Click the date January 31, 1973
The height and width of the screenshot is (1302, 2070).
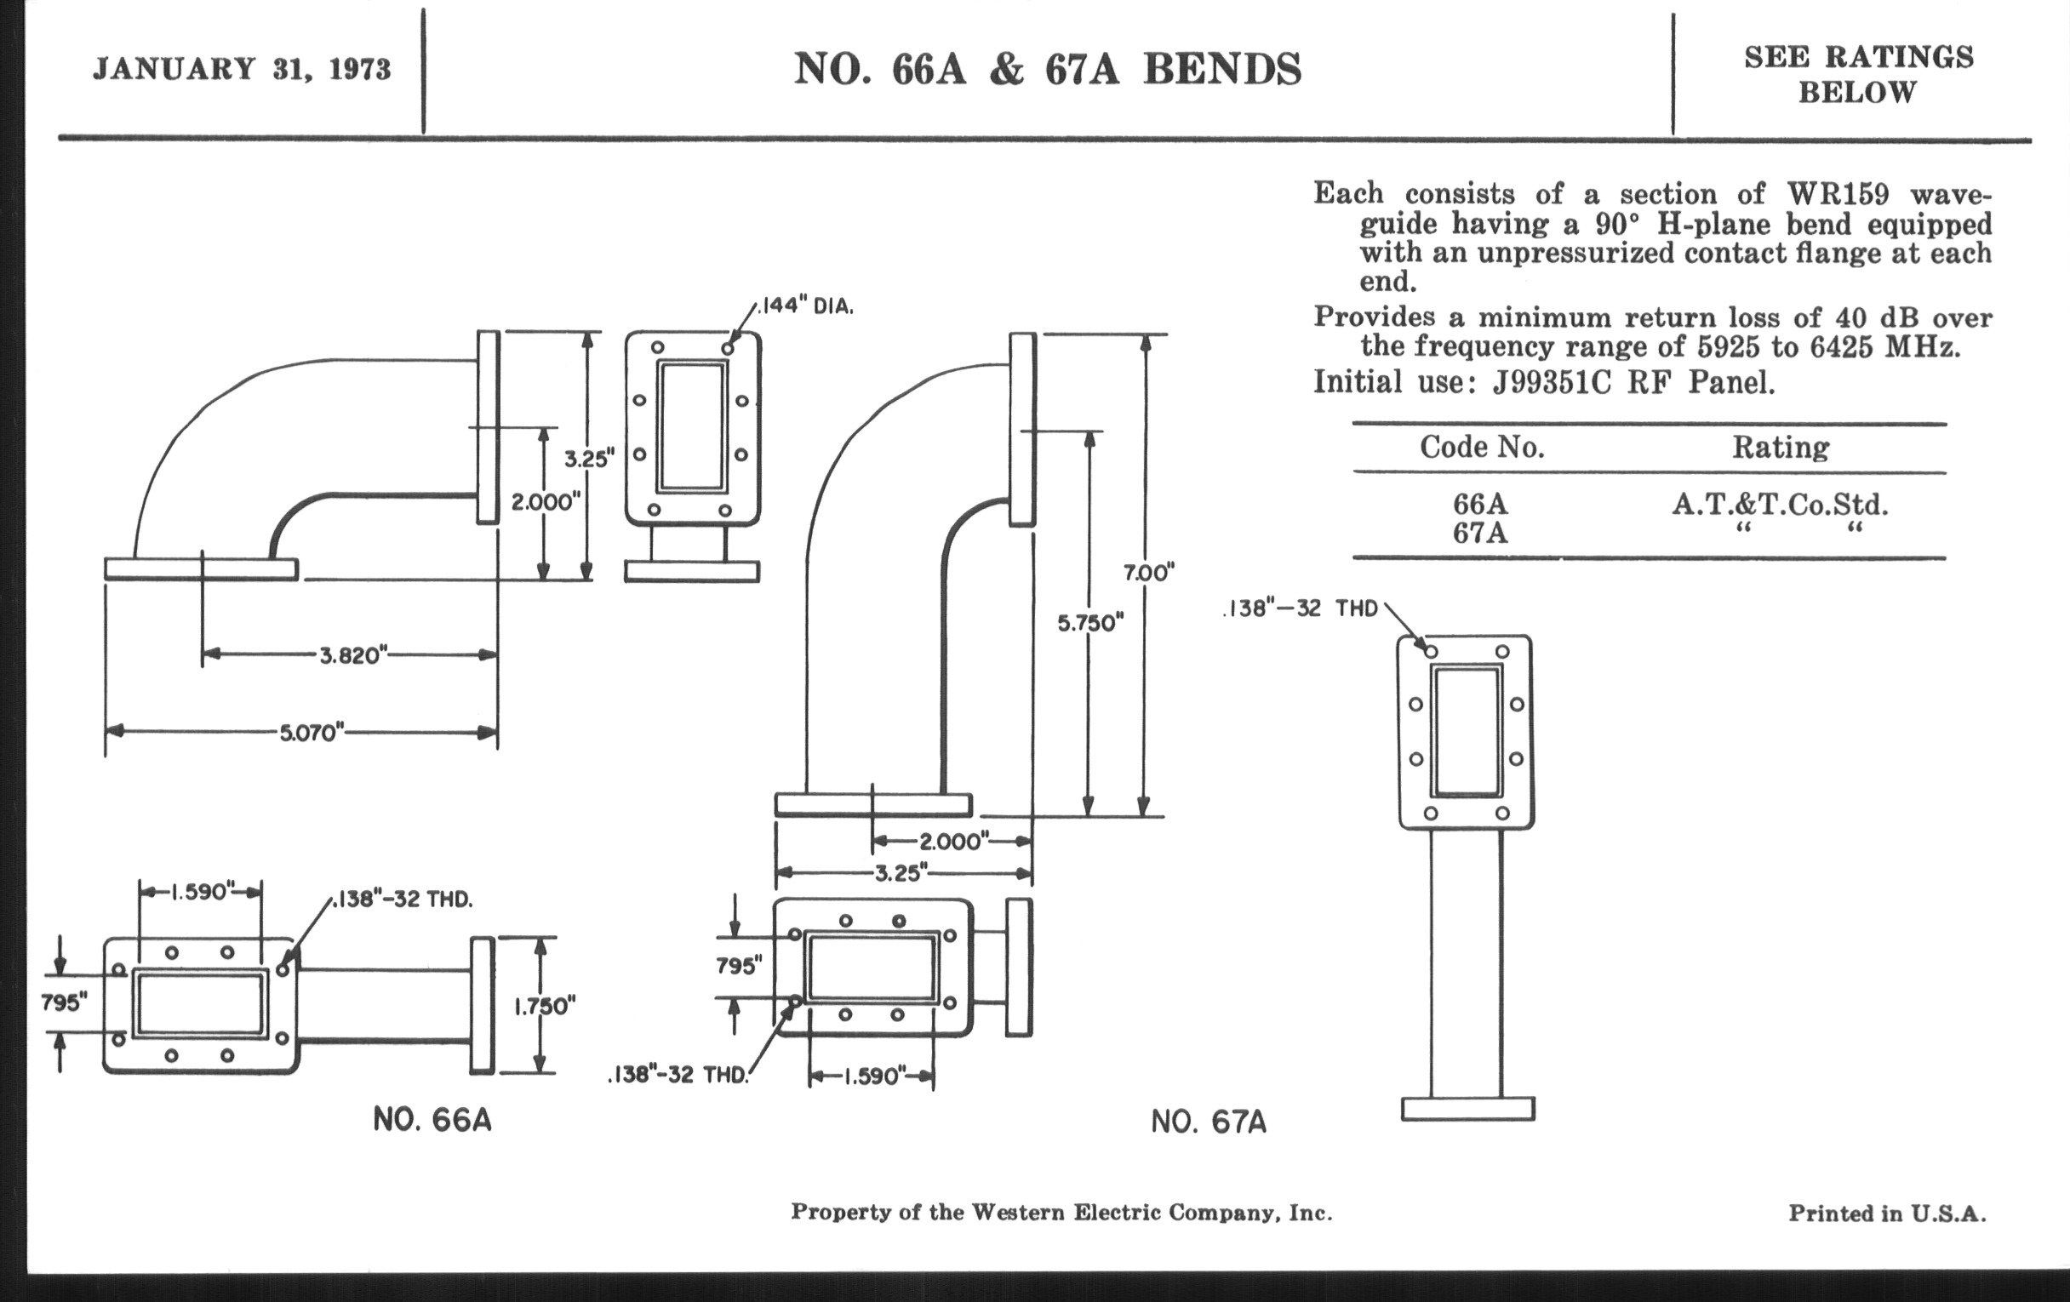point(242,69)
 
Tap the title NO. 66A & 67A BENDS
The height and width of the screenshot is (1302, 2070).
point(1047,69)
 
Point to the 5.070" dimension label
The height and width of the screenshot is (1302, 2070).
point(312,733)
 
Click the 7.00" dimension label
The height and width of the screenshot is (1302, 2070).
point(1148,573)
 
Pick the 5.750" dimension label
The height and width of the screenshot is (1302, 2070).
point(1090,623)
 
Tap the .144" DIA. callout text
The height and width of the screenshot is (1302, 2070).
point(805,306)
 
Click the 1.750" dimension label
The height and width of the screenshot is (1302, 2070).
point(545,1007)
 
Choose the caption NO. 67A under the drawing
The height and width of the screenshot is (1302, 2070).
point(1209,1122)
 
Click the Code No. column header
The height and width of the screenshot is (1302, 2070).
point(1481,447)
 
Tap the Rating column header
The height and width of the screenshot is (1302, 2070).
point(1781,448)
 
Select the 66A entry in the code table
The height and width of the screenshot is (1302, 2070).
point(1480,504)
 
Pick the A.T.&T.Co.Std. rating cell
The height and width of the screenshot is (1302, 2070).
point(1781,505)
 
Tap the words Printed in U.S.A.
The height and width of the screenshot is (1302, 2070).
point(1887,1213)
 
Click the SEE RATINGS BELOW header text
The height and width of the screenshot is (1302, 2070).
point(1859,75)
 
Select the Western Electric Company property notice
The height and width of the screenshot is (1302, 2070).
point(1061,1213)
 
